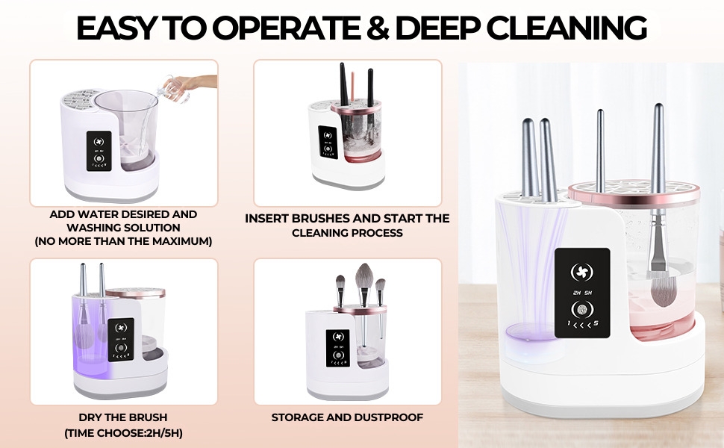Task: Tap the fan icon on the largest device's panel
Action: coord(581,270)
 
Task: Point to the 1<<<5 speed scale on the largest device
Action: coord(581,326)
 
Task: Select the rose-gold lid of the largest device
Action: coord(634,193)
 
